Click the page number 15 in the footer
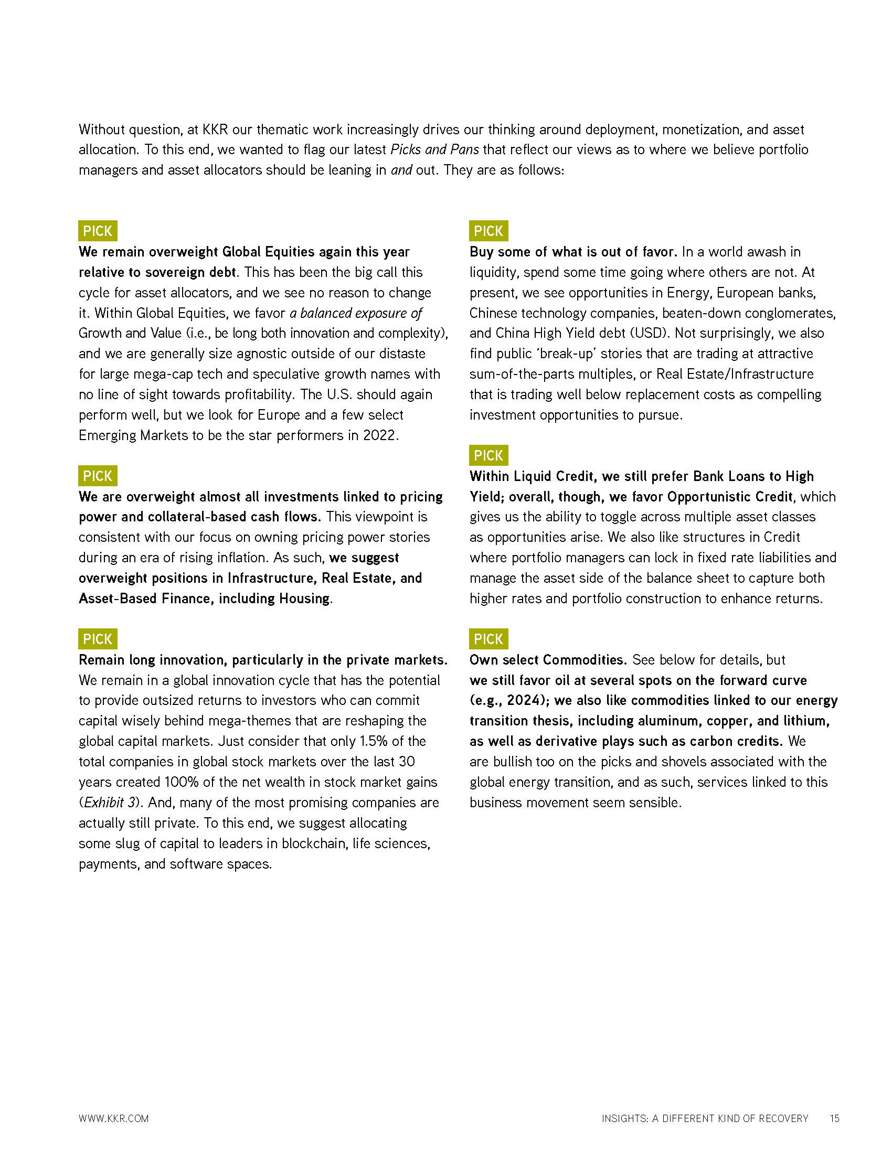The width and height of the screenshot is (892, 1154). tap(834, 1118)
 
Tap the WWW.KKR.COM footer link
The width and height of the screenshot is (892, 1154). tap(114, 1119)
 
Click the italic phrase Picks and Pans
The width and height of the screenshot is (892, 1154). tap(434, 149)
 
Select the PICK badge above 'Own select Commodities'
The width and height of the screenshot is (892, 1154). tap(489, 639)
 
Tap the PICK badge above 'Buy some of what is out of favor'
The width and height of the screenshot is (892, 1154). tap(489, 231)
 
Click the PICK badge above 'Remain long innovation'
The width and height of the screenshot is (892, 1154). tap(98, 639)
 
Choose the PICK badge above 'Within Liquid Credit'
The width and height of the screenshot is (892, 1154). tap(489, 455)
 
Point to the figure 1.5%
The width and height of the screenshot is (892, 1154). tap(377, 741)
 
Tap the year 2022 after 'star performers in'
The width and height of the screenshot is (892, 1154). tap(379, 435)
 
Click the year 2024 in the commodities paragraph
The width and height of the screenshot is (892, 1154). tap(523, 700)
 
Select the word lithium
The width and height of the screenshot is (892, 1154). tap(804, 721)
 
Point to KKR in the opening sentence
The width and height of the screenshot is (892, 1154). tap(215, 130)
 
